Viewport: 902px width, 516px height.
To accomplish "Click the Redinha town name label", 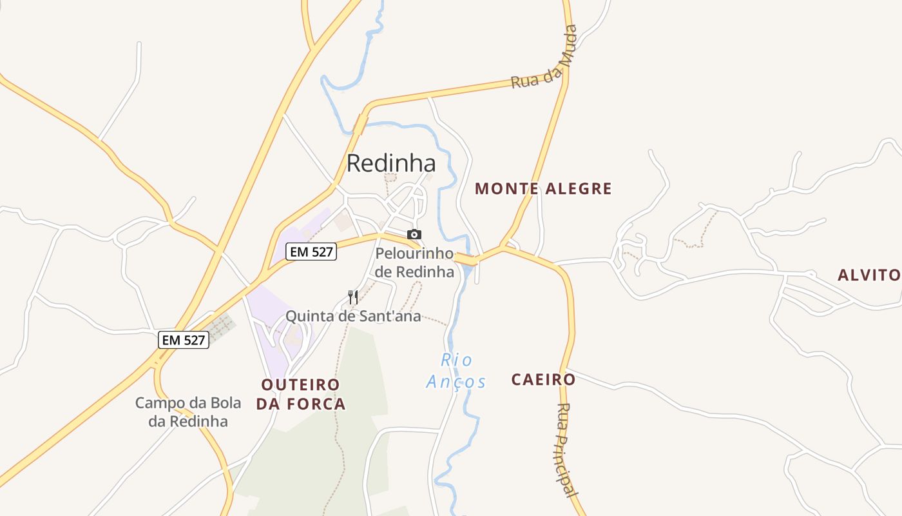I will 391,163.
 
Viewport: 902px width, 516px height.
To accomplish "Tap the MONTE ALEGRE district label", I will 543,189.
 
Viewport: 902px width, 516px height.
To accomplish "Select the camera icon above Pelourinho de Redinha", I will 414,235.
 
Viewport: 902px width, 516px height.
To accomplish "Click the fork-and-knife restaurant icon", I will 352,297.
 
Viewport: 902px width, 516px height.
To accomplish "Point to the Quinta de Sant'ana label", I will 353,316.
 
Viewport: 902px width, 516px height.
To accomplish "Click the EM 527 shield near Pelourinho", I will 311,252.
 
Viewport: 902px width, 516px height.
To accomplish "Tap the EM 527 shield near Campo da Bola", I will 184,339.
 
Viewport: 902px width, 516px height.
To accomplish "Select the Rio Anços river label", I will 456,371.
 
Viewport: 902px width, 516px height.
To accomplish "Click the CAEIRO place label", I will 543,380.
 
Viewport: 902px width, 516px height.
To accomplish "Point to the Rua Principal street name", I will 565,450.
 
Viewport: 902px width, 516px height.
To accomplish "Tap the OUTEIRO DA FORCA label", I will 301,394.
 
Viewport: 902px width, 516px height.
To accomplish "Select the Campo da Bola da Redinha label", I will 188,412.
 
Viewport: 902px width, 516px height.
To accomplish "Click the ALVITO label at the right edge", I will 868,275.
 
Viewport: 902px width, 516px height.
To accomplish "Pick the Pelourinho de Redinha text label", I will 414,263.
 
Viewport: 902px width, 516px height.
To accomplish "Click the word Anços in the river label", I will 456,382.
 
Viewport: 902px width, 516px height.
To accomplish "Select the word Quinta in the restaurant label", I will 307,316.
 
